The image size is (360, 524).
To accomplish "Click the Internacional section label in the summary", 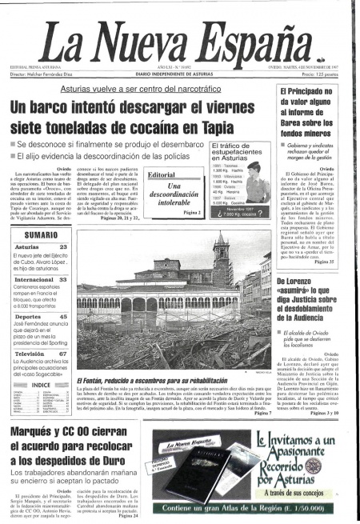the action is click(35, 281).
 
